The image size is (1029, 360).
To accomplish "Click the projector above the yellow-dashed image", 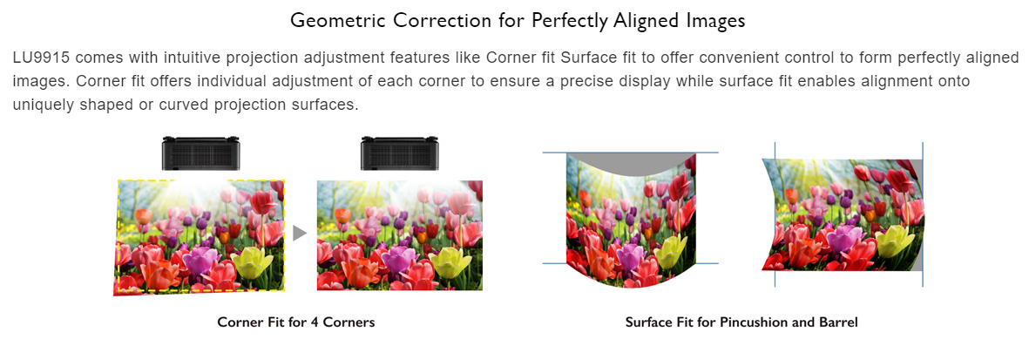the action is click(200, 153).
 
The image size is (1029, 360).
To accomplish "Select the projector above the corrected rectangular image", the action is click(399, 153).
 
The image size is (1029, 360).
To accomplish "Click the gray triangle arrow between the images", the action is click(300, 234).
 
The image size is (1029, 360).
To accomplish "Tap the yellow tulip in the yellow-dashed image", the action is click(251, 262).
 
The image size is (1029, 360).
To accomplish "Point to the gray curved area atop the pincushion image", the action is click(630, 163).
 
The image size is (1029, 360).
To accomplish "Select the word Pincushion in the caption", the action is click(751, 323).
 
